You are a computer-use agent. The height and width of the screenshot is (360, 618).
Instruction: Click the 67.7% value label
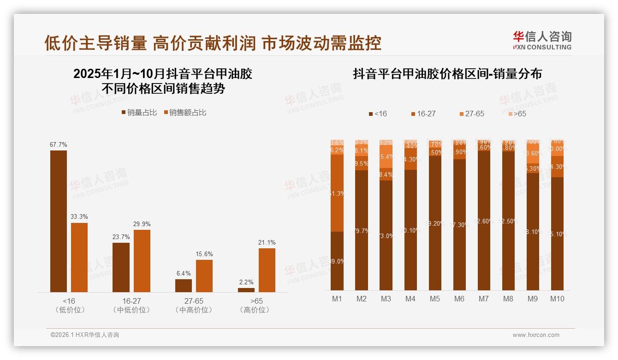(x=58, y=144)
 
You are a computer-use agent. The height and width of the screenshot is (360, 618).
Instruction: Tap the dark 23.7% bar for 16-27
(x=121, y=267)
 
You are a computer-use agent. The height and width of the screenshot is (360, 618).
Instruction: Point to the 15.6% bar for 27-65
(x=204, y=276)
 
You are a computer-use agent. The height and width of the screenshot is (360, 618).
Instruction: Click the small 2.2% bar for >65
(x=246, y=290)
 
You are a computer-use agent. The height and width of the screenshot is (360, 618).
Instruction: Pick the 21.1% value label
(x=267, y=242)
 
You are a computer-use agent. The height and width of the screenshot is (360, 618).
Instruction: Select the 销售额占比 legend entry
(x=184, y=113)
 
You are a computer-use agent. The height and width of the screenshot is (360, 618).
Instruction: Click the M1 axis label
(x=337, y=299)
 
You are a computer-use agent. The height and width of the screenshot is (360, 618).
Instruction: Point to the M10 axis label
(x=557, y=299)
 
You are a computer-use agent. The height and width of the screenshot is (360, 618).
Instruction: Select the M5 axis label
(x=435, y=299)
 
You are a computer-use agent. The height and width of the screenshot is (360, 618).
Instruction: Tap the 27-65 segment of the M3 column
(x=386, y=157)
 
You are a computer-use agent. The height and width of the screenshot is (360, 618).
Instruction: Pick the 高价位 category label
(x=255, y=310)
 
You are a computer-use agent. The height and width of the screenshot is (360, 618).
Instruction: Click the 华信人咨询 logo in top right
(x=542, y=40)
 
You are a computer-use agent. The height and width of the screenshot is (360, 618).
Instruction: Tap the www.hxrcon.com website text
(x=536, y=335)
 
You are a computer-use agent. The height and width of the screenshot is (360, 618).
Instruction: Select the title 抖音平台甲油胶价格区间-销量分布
(x=447, y=74)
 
